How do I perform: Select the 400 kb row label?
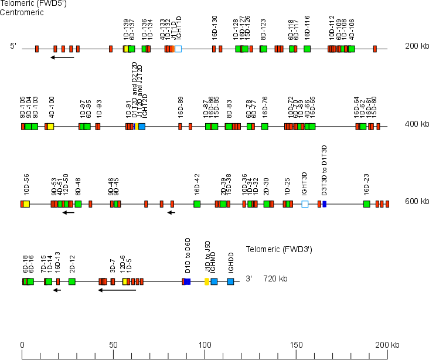pos(417,124)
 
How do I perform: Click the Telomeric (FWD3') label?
pos(278,249)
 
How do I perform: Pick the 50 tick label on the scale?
pos(113,345)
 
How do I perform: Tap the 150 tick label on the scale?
pos(295,345)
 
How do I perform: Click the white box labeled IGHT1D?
pos(178,49)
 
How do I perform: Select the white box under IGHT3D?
pos(305,204)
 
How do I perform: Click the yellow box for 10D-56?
pos(26,204)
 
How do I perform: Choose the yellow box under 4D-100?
pos(50,127)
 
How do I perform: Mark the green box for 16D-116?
pos(307,49)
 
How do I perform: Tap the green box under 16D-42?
pos(197,204)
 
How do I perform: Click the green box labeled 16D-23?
pos(366,204)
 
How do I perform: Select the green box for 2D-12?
pos(71,281)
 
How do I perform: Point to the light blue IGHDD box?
pos(230,281)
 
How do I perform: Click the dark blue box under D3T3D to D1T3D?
pos(324,204)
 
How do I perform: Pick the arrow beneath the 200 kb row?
pos(62,57)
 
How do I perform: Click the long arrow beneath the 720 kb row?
pos(117,290)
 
